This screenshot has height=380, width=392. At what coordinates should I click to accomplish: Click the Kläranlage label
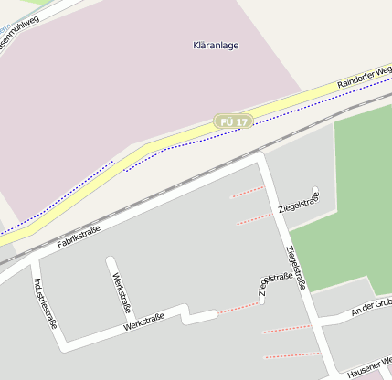click(217, 45)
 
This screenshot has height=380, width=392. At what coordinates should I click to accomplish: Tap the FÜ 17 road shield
click(233, 121)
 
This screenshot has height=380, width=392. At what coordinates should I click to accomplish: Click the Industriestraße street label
click(45, 302)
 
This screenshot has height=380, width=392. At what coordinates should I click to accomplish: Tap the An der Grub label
click(371, 308)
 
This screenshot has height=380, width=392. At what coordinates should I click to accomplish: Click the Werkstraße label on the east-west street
click(143, 322)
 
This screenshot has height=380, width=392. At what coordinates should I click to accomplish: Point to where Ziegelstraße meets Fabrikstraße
click(261, 158)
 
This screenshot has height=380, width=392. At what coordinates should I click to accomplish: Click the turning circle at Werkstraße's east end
click(214, 314)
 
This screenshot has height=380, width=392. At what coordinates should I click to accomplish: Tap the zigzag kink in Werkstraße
click(186, 314)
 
